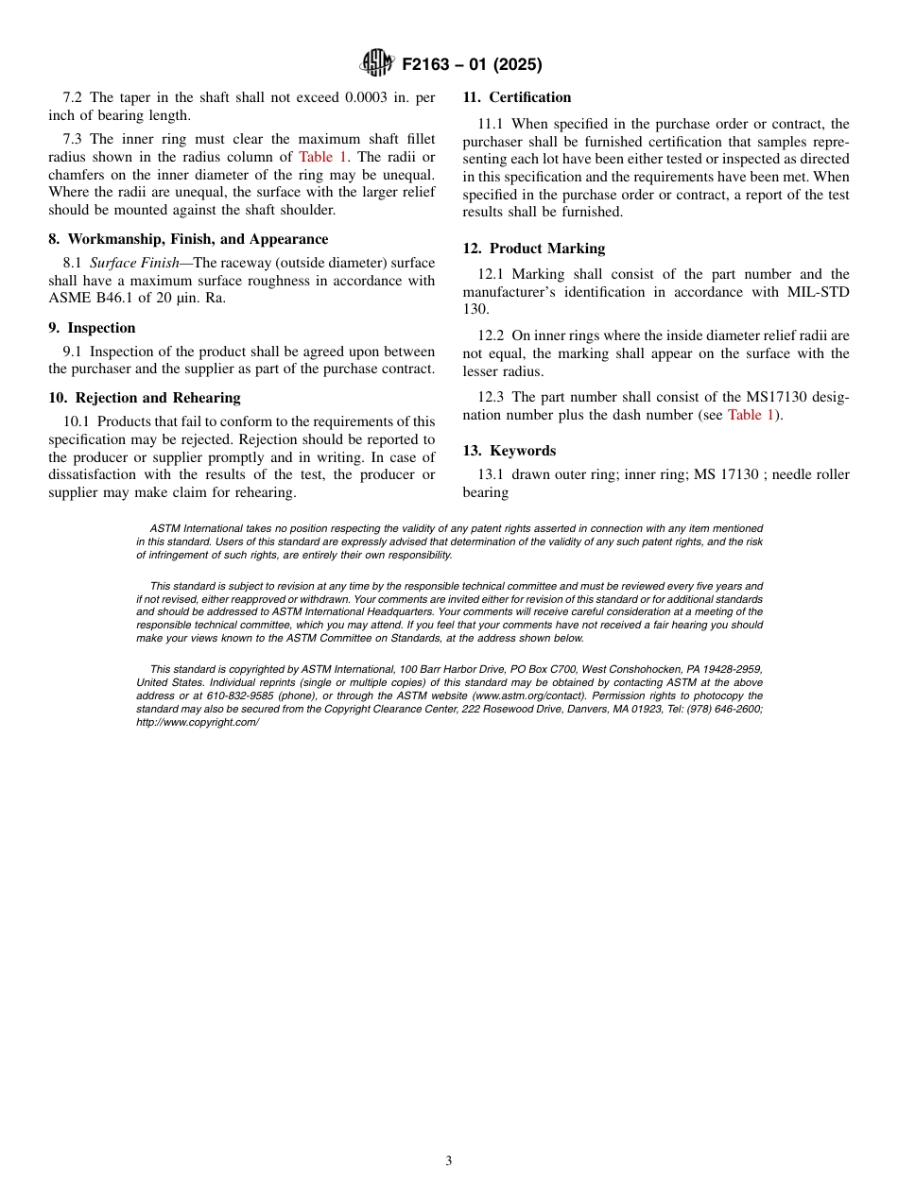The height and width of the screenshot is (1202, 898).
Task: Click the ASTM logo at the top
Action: pyautogui.click(x=377, y=63)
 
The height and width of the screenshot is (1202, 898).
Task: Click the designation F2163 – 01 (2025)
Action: pyautogui.click(x=472, y=64)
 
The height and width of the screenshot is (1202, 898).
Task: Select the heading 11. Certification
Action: pyautogui.click(x=516, y=97)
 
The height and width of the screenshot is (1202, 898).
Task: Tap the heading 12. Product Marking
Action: pyautogui.click(x=533, y=249)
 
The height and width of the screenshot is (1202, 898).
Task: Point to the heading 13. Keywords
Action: pyautogui.click(x=509, y=451)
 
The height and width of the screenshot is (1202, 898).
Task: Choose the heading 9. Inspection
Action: pyautogui.click(x=92, y=328)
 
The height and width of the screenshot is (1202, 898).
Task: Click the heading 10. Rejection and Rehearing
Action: pyautogui.click(x=145, y=398)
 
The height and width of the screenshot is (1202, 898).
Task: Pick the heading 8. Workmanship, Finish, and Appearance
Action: pyautogui.click(x=188, y=239)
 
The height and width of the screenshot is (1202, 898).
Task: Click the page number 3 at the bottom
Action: pyautogui.click(x=449, y=1161)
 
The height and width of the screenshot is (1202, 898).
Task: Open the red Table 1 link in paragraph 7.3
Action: pyautogui.click(x=322, y=157)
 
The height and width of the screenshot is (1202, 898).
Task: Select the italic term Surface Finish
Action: pyautogui.click(x=133, y=263)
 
